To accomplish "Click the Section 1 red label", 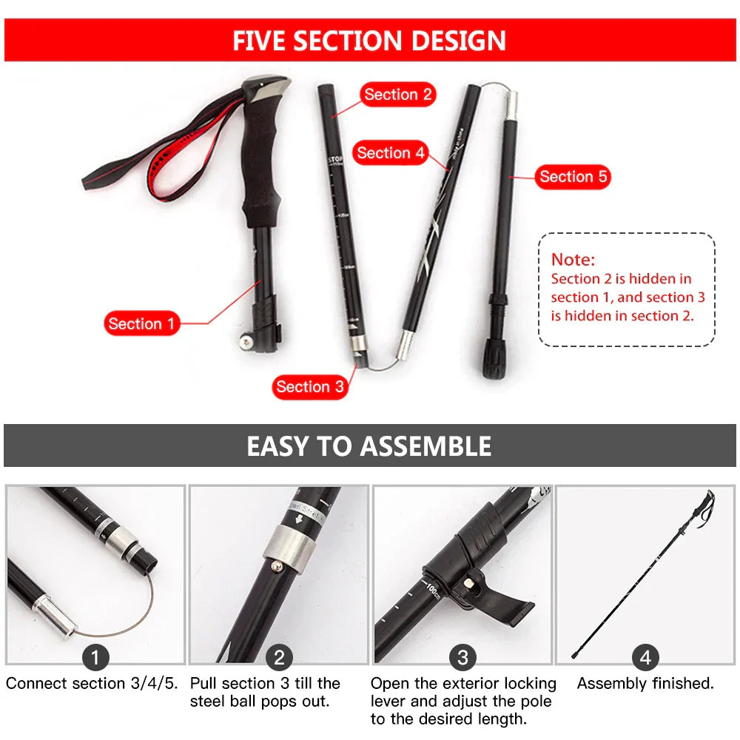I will (141, 323).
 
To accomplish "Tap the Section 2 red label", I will (397, 95).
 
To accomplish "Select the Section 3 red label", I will (309, 386).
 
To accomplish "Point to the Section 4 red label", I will (391, 153).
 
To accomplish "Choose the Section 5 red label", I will (573, 177).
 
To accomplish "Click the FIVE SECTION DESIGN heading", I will (369, 41).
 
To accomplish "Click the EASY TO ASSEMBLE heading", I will (369, 446).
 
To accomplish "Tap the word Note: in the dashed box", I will (573, 260).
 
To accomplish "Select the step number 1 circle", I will (95, 657).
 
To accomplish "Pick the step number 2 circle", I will (279, 657).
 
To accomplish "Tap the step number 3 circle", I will (462, 657).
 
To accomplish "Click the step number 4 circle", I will (645, 657).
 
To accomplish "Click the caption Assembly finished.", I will (645, 684).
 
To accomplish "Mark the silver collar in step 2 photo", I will (287, 551).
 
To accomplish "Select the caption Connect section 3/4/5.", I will (92, 684).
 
